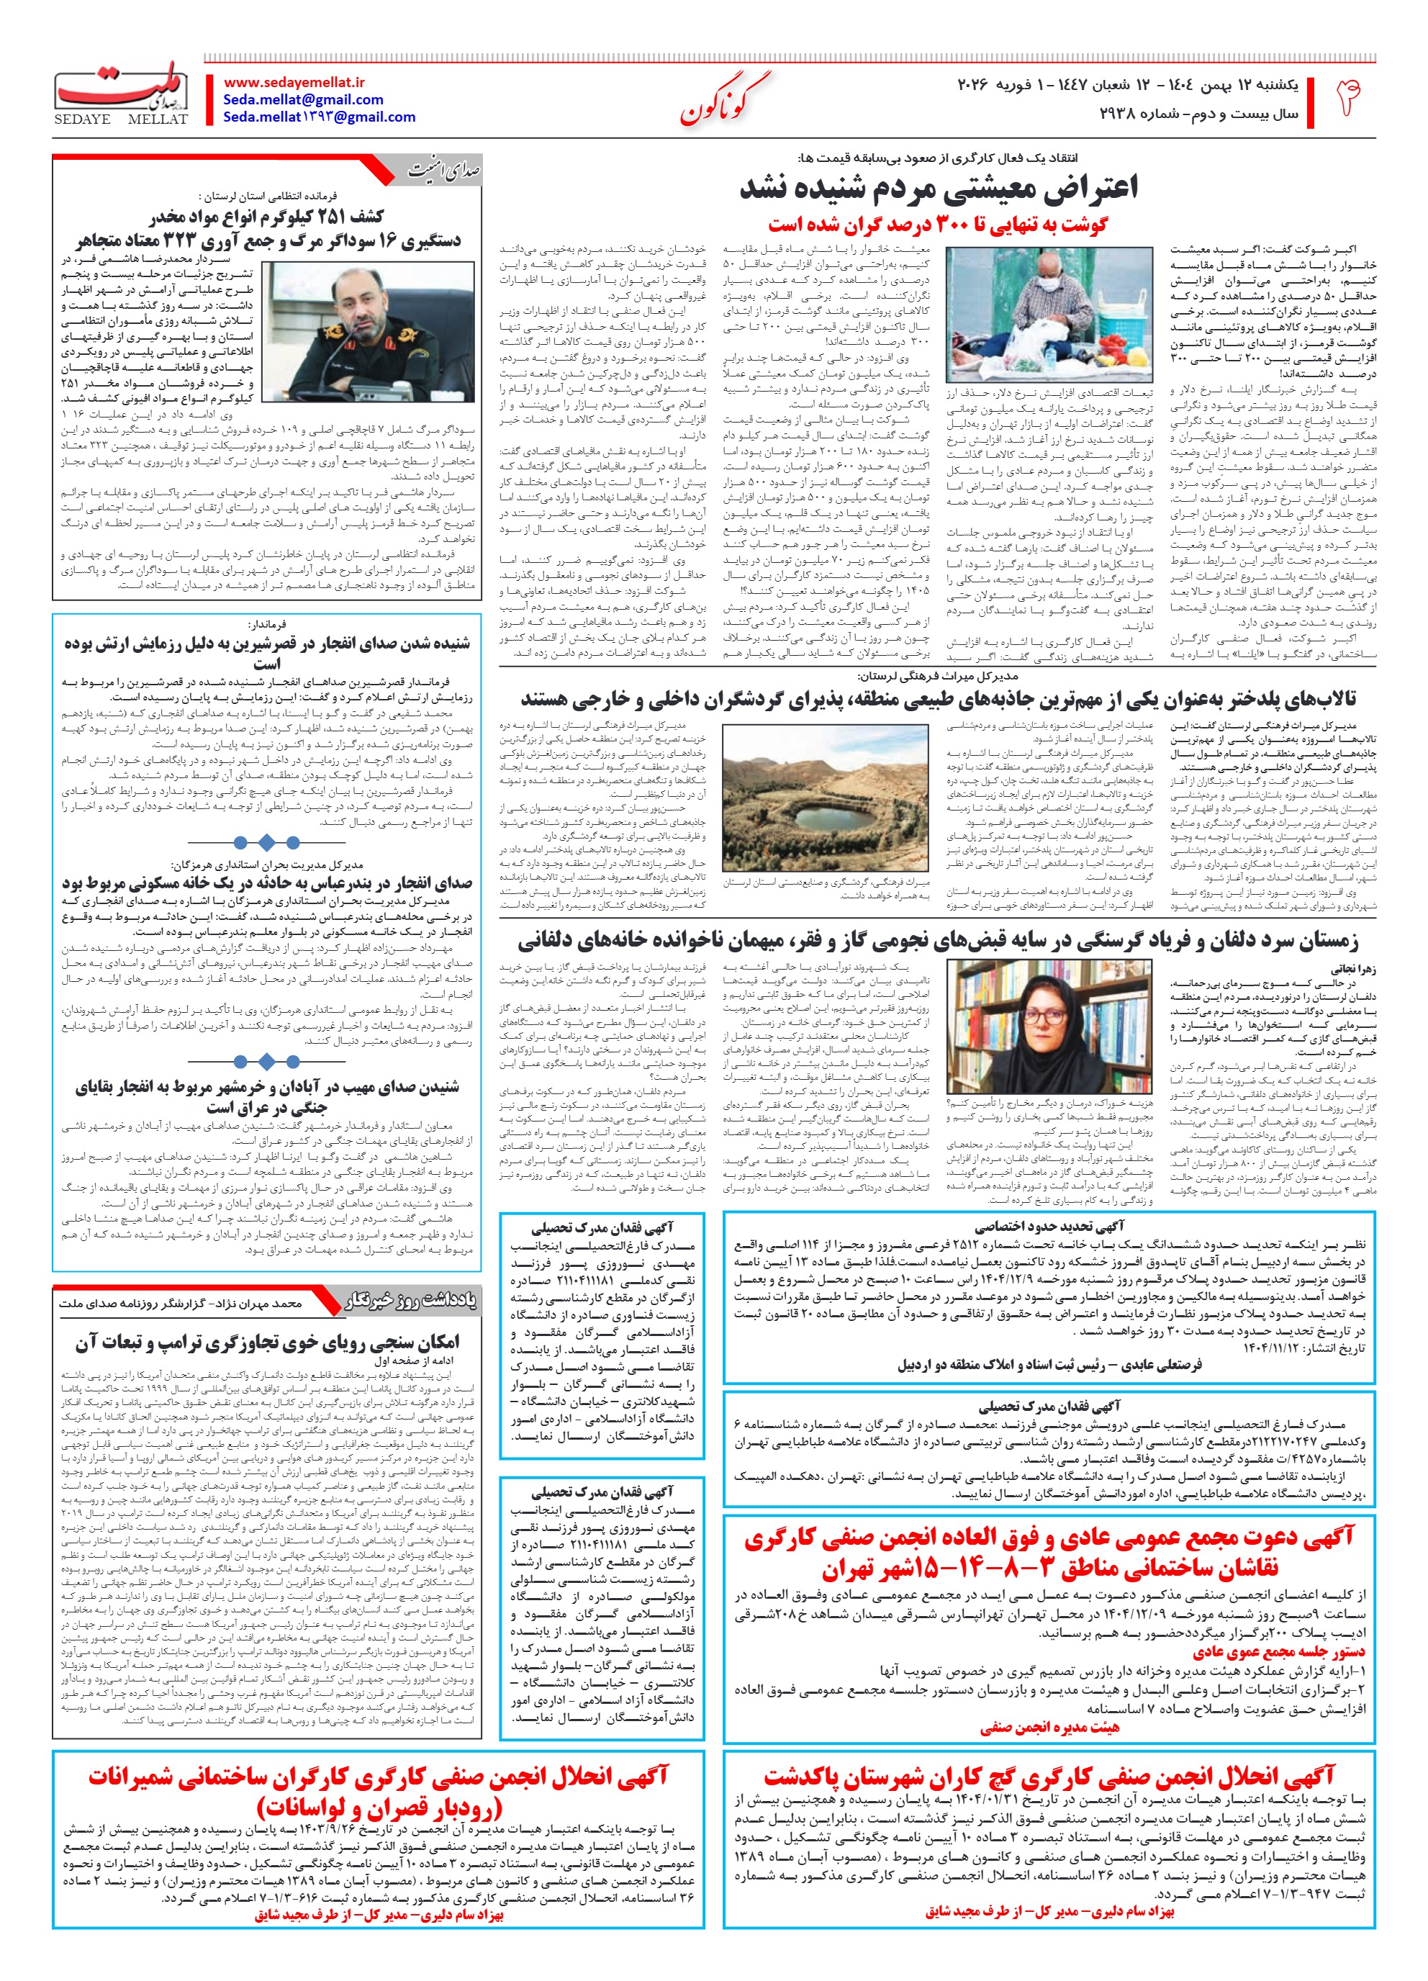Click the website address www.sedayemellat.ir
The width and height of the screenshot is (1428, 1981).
click(x=294, y=82)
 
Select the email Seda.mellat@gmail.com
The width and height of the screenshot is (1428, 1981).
click(x=303, y=99)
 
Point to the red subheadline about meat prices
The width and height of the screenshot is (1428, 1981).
click(x=938, y=225)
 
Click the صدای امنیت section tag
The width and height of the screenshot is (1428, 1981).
click(x=443, y=171)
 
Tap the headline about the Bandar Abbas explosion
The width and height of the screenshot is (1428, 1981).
click(x=266, y=884)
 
